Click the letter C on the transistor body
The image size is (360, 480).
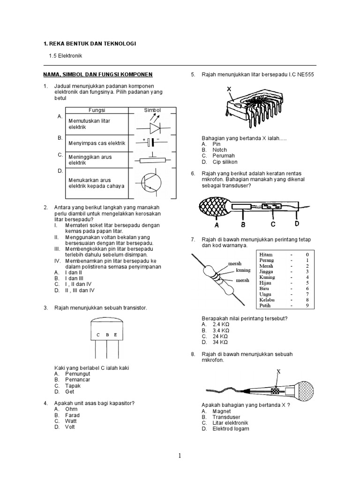(x=98, y=335)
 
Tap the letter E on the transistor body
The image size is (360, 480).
(x=115, y=335)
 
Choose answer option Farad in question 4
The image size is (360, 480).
(x=73, y=415)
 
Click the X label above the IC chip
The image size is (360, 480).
(x=229, y=89)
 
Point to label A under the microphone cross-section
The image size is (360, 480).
(x=217, y=217)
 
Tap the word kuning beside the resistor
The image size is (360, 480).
(x=243, y=270)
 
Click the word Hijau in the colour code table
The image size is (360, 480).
(x=267, y=283)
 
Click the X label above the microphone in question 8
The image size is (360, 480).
(x=278, y=371)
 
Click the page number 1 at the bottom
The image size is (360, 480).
(x=180, y=456)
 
